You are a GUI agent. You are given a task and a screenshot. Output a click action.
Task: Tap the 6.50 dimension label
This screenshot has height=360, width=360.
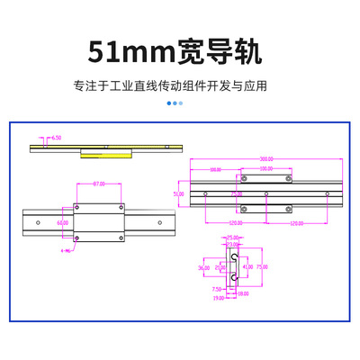(56, 138)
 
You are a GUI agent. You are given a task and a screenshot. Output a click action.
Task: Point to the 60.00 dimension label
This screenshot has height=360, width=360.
(62, 221)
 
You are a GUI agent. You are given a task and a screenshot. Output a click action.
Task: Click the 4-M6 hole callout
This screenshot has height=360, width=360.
(65, 252)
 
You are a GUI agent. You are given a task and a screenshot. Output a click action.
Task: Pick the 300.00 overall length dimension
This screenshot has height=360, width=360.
(266, 158)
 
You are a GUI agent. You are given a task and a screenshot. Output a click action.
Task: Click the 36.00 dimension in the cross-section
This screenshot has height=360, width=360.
(203, 267)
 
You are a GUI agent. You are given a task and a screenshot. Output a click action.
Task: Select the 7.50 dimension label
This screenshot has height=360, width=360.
(217, 289)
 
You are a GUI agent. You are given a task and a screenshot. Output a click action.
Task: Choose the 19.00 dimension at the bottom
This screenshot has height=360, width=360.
(218, 297)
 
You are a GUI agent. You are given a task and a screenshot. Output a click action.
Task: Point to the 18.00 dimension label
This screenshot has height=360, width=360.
(243, 292)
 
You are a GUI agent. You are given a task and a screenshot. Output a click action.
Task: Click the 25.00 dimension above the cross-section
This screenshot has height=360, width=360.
(234, 238)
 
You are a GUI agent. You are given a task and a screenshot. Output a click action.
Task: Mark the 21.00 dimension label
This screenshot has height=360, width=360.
(220, 267)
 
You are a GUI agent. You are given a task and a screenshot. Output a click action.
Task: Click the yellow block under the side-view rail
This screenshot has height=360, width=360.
(104, 153)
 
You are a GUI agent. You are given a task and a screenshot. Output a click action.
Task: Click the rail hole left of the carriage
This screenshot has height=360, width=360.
(38, 220)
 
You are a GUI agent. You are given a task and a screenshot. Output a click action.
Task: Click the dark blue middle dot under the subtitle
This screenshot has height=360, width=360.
(175, 103)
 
